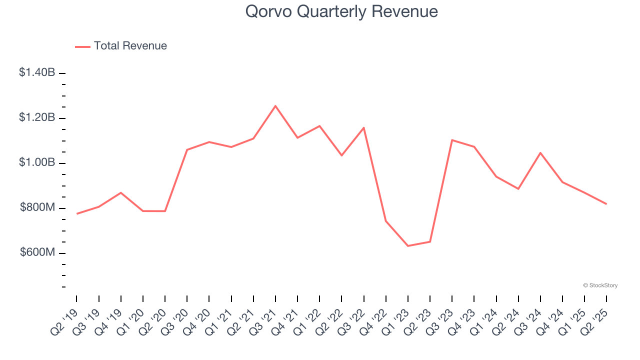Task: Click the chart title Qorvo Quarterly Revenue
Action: click(x=341, y=11)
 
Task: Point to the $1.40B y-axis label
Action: click(x=37, y=72)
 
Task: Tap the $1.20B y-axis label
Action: click(x=37, y=117)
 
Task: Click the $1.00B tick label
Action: click(x=37, y=162)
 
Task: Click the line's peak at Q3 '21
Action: click(x=275, y=106)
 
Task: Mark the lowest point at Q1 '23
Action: click(x=408, y=246)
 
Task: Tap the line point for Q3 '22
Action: click(x=363, y=127)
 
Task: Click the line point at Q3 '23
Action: click(x=452, y=140)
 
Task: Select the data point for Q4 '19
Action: click(x=121, y=192)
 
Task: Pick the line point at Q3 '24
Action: click(x=540, y=152)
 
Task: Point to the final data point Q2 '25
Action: click(x=606, y=204)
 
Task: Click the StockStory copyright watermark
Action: click(x=600, y=285)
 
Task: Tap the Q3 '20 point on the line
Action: click(x=187, y=149)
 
